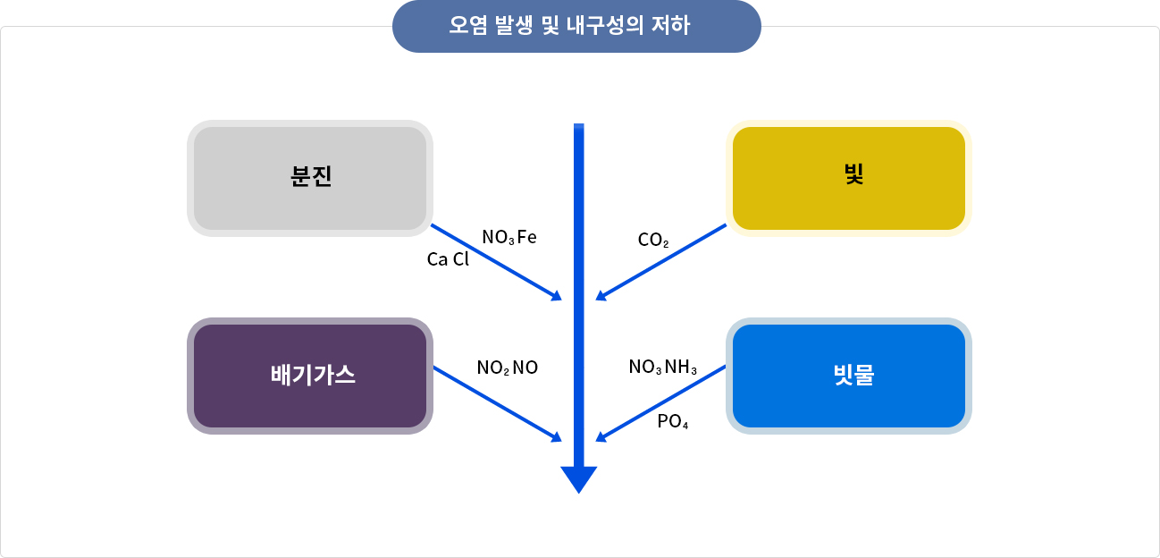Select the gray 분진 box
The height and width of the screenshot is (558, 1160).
[x=310, y=178]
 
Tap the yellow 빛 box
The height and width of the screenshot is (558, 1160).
[x=848, y=178]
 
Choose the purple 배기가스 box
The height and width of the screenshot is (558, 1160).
[x=310, y=376]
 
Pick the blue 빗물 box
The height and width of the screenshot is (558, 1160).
[x=848, y=376]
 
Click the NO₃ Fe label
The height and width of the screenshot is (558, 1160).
[x=509, y=238]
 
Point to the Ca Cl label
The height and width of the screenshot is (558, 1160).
[x=448, y=260]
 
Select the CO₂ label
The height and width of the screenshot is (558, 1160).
[x=653, y=241]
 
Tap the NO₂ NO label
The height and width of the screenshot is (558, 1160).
[x=507, y=368]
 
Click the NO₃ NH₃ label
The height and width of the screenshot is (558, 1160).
[x=662, y=368]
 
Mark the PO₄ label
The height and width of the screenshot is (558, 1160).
[x=672, y=422]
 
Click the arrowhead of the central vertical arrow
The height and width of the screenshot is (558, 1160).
[x=578, y=479]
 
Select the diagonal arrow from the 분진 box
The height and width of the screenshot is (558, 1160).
[x=496, y=261]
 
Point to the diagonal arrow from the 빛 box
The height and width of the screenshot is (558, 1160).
[x=661, y=261]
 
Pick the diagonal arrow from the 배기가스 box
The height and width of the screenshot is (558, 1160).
[x=496, y=402]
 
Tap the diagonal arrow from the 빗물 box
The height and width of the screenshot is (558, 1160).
[x=661, y=402]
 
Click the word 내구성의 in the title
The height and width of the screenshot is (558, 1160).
[x=605, y=27]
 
